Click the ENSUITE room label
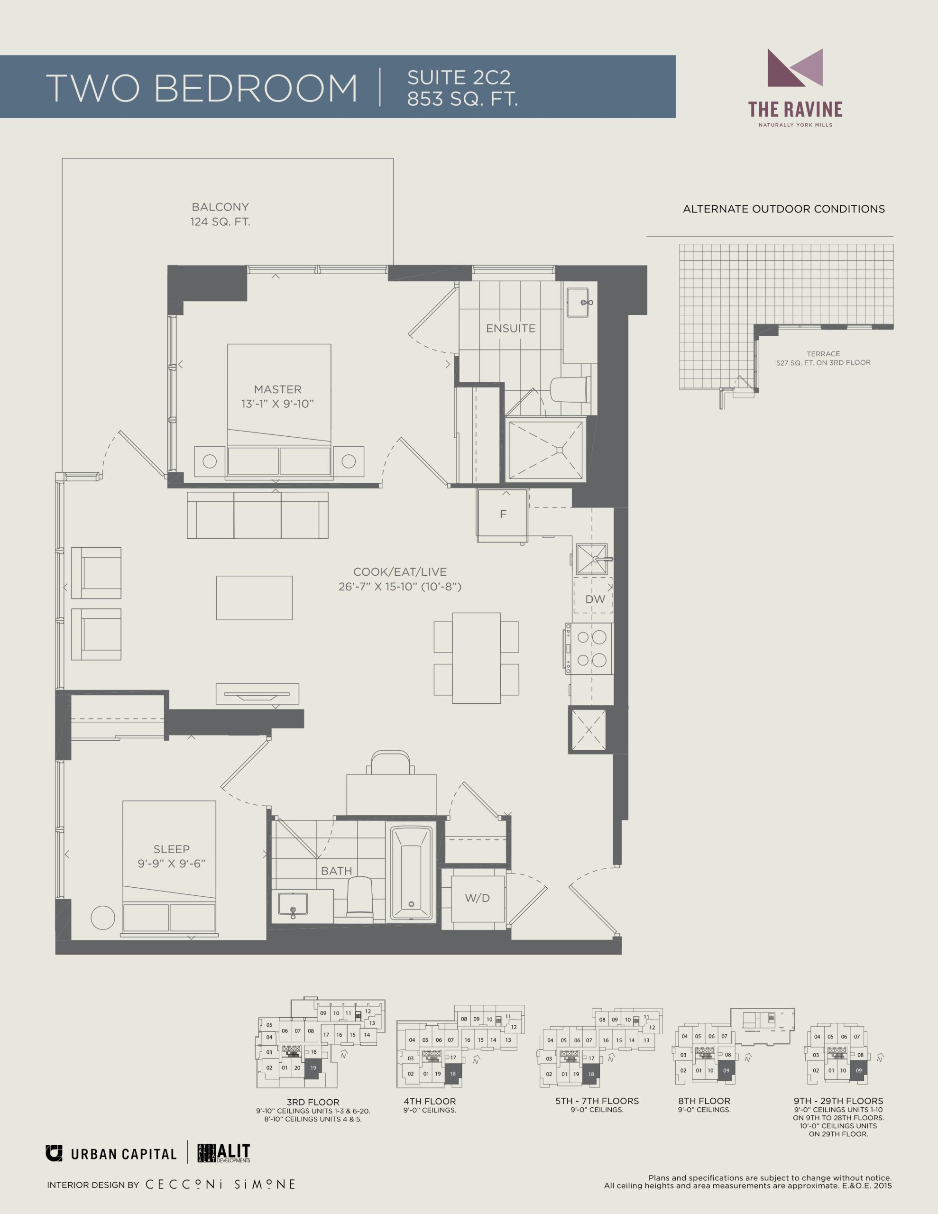(510, 329)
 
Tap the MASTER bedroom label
(277, 390)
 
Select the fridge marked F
(502, 515)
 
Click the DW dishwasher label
(595, 599)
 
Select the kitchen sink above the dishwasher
(592, 559)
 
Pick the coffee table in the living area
(254, 598)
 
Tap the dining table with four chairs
(477, 658)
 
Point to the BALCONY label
(220, 207)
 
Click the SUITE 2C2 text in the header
(459, 77)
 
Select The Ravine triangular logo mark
(795, 68)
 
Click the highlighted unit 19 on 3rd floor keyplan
(313, 1068)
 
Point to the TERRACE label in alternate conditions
(823, 353)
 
